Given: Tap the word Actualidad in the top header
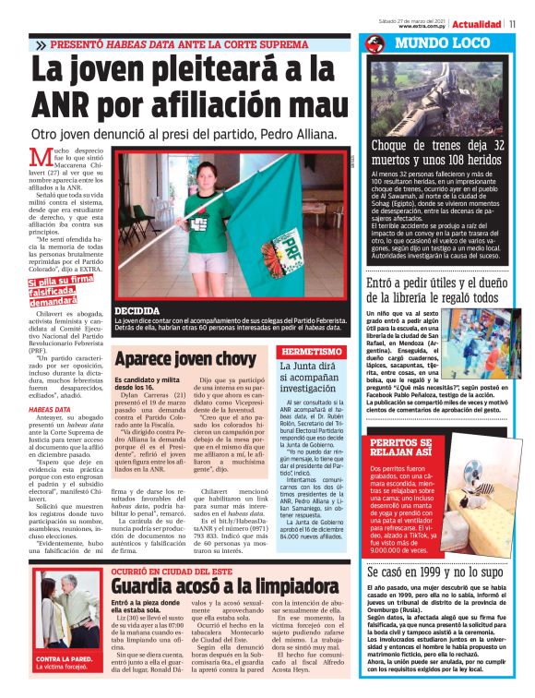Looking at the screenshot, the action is tap(477, 24).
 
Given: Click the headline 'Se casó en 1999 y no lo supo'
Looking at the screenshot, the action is tap(434, 548).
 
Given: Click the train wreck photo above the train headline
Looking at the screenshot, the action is tap(435, 93).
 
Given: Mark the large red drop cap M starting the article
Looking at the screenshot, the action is tap(39, 159).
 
